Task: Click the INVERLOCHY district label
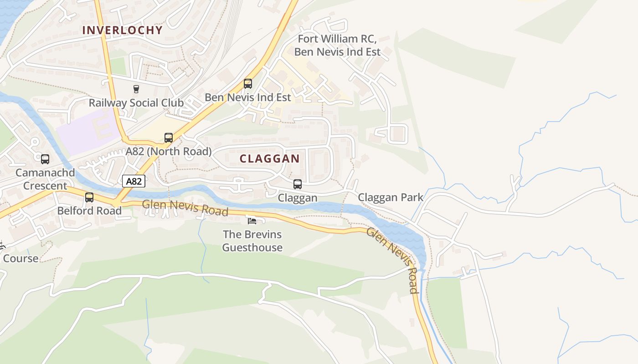(x=122, y=30)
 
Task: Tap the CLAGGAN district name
(x=269, y=159)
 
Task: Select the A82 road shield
(x=134, y=182)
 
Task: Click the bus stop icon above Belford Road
(x=89, y=197)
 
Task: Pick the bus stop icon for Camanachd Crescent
(x=45, y=159)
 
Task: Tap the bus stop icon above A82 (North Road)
(x=169, y=138)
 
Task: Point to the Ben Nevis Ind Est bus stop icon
(x=248, y=84)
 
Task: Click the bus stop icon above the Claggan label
(x=298, y=184)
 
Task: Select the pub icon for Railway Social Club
(x=136, y=89)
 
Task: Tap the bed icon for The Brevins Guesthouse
(x=252, y=221)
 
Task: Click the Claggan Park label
(x=391, y=197)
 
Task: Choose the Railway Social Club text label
(x=136, y=103)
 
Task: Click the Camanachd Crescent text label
(x=45, y=179)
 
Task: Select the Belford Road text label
(x=89, y=211)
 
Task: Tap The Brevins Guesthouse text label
(x=252, y=241)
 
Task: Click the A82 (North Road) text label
(x=169, y=152)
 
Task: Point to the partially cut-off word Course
(x=21, y=258)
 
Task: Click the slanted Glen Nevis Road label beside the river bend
(x=393, y=260)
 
